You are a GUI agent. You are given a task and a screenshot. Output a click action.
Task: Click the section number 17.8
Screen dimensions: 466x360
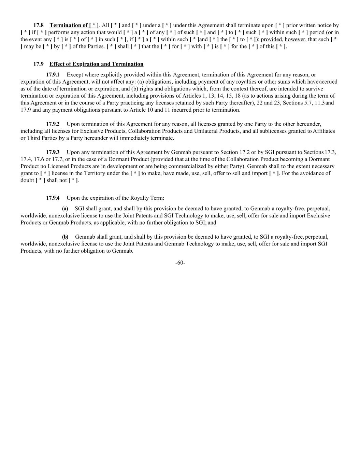point(39,25)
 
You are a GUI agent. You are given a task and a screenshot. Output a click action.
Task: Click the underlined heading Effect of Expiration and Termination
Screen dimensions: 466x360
point(96,64)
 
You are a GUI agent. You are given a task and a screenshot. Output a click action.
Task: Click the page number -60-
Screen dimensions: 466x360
point(180,263)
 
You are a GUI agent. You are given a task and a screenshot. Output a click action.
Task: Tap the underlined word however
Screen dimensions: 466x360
point(295,40)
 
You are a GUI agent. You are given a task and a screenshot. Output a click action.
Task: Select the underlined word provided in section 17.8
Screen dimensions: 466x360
point(271,40)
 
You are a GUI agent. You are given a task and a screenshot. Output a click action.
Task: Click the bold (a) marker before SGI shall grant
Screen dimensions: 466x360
point(65,209)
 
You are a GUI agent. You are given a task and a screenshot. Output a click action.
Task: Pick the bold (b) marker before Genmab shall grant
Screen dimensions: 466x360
point(65,237)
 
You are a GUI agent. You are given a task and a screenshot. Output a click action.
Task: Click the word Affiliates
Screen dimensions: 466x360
point(324,131)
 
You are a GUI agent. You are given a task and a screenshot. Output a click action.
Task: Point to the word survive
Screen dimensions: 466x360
point(315,89)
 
